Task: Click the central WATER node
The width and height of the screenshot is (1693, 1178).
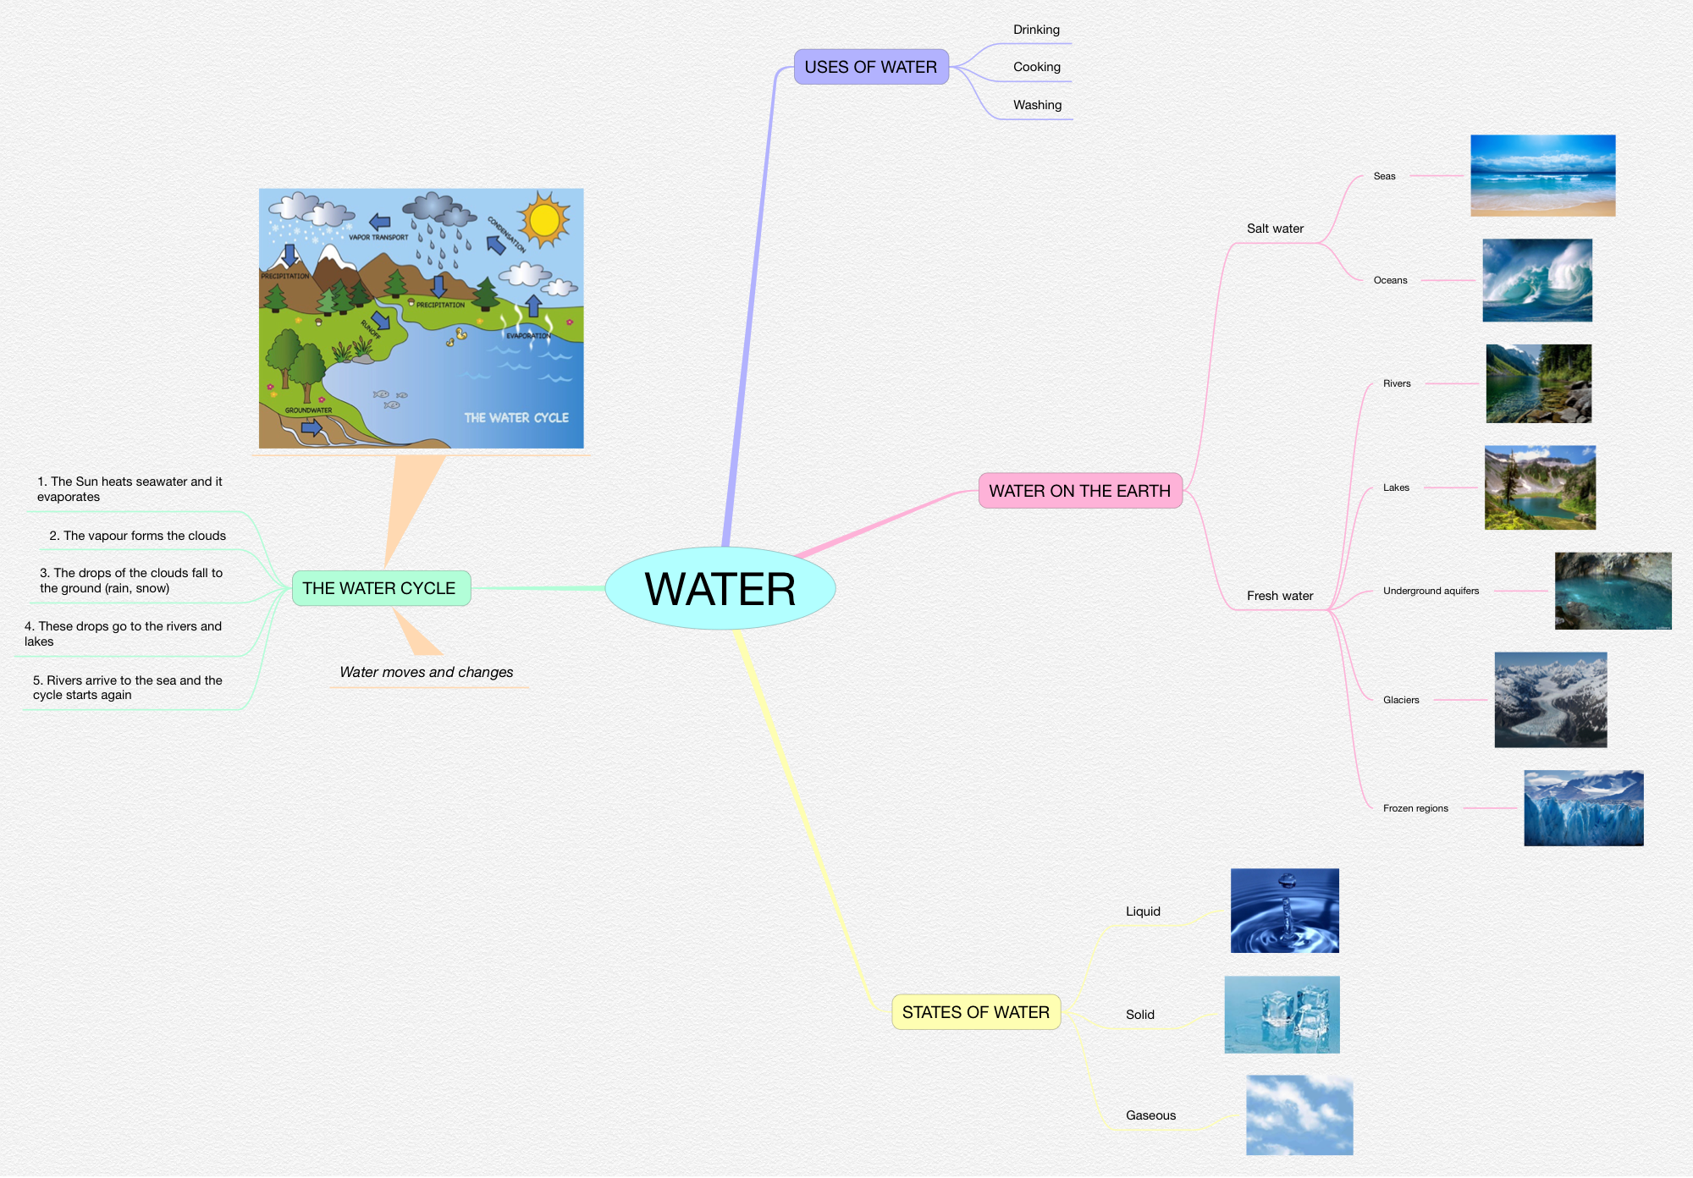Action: pos(720,588)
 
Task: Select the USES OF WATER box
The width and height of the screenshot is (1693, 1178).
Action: pos(871,67)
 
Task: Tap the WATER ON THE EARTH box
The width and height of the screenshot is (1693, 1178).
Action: pos(1079,491)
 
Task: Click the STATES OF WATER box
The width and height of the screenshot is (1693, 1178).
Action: pos(975,1012)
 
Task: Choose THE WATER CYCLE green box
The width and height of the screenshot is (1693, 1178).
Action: pos(380,588)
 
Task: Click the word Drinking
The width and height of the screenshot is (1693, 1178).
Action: pos(1036,30)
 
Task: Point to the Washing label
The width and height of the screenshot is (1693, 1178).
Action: pos(1037,105)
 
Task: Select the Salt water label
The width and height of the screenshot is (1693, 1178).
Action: pos(1275,228)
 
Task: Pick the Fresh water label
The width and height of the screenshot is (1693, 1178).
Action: pos(1280,596)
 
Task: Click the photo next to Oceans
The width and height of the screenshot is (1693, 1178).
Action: pos(1537,280)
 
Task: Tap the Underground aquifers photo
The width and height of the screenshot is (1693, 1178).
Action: pos(1613,591)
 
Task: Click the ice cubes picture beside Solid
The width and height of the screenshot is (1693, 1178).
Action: pos(1282,1015)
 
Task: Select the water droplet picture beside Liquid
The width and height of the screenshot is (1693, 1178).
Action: pos(1284,911)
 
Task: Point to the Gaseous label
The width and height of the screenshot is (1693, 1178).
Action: pos(1150,1115)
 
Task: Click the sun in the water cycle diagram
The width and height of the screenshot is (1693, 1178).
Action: pos(544,220)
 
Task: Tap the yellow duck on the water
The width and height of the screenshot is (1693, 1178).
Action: pos(461,334)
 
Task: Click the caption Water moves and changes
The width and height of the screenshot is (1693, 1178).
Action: pos(426,672)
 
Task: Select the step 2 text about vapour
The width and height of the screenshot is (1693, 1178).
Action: pos(137,536)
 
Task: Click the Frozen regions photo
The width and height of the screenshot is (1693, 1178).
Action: pos(1583,808)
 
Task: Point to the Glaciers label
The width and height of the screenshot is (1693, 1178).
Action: pos(1401,700)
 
